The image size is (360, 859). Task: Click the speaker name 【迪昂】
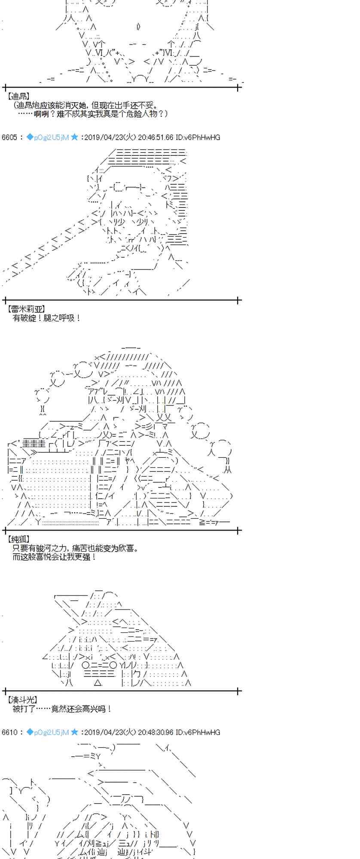point(18,96)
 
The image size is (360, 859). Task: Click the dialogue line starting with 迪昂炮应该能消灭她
point(85,105)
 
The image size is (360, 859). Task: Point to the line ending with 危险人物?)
point(93,114)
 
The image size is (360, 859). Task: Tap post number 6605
point(9,137)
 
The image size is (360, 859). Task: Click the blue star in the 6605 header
point(75,137)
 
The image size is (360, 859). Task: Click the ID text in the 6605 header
point(198,137)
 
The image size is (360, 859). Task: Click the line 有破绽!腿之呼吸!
point(47,318)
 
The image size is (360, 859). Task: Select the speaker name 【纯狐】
point(18,539)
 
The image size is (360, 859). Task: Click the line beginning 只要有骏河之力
point(76,548)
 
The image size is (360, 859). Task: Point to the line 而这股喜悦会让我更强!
point(55,557)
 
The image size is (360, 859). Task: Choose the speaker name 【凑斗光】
point(22,700)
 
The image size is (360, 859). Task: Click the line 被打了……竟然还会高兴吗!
point(62,709)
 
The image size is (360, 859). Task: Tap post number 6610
point(9,732)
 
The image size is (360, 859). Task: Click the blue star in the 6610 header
point(75,731)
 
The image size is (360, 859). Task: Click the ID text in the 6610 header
point(198,732)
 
